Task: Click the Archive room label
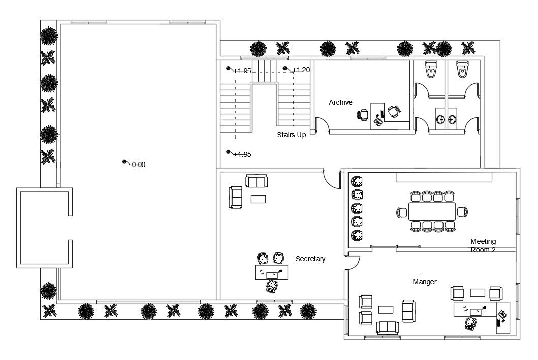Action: click(340, 102)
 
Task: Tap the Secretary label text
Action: click(310, 259)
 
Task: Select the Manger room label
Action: click(425, 282)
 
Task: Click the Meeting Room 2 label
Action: click(483, 245)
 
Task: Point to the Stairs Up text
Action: click(292, 135)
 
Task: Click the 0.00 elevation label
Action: click(139, 165)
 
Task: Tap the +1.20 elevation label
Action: click(301, 70)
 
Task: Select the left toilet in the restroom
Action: click(431, 70)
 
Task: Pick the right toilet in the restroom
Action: click(462, 70)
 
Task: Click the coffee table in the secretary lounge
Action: click(259, 199)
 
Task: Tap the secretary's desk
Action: click(272, 273)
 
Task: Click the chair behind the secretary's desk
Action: click(272, 287)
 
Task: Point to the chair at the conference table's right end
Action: click(462, 212)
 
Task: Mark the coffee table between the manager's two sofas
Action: click(386, 309)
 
